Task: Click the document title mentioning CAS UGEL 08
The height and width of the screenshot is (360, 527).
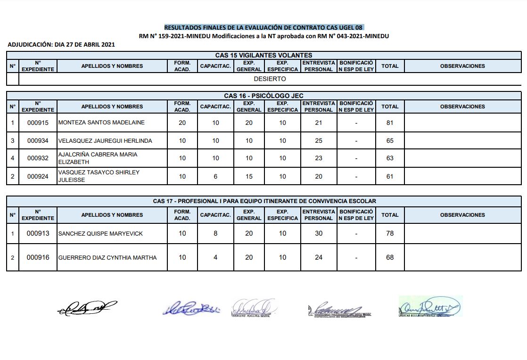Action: (x=263, y=27)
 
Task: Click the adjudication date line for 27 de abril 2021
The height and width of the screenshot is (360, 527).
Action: (x=61, y=45)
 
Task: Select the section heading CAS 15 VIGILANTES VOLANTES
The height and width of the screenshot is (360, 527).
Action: (x=263, y=55)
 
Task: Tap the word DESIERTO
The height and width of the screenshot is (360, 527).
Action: (x=270, y=79)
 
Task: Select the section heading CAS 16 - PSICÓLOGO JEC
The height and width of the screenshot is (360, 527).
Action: (x=263, y=96)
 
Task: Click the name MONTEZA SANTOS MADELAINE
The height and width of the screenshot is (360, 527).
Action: (x=101, y=123)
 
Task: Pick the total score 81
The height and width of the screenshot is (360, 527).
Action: (x=390, y=123)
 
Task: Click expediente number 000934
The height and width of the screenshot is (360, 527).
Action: (x=38, y=140)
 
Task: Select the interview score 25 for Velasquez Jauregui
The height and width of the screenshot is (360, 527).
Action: (x=319, y=140)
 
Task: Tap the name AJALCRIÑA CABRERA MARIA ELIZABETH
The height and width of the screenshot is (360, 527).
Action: (x=98, y=158)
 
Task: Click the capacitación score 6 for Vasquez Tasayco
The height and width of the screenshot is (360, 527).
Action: (x=215, y=176)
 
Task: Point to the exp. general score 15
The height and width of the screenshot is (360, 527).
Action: (x=249, y=176)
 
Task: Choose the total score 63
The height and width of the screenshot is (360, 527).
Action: (x=390, y=158)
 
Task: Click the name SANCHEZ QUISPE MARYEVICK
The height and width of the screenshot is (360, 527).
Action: (x=100, y=234)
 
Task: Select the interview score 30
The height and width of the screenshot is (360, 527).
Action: (x=319, y=233)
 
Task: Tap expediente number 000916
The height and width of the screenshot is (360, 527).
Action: (x=38, y=257)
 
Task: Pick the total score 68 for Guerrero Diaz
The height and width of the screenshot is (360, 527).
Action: (x=390, y=257)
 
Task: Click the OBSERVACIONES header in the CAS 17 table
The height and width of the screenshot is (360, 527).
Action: (x=462, y=215)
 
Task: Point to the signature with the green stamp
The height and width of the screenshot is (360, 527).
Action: (x=430, y=307)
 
